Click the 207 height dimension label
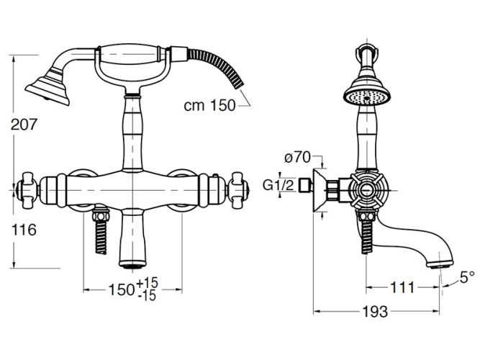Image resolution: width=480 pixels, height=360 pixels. [x=24, y=125]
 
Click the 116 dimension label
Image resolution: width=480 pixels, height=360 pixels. [x=24, y=230]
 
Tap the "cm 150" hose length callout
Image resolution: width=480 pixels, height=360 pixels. [x=209, y=105]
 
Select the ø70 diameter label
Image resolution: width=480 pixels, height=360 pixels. [x=297, y=158]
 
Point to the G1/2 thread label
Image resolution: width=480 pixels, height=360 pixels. [x=278, y=185]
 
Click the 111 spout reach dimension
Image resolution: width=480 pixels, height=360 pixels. [x=402, y=287]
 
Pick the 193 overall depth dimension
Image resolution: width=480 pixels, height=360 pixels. [x=376, y=312]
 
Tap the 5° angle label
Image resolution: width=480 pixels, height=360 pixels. [x=467, y=277]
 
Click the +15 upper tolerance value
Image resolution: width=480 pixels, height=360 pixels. [x=148, y=282]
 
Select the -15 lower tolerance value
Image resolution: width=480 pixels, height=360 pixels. [x=147, y=296]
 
